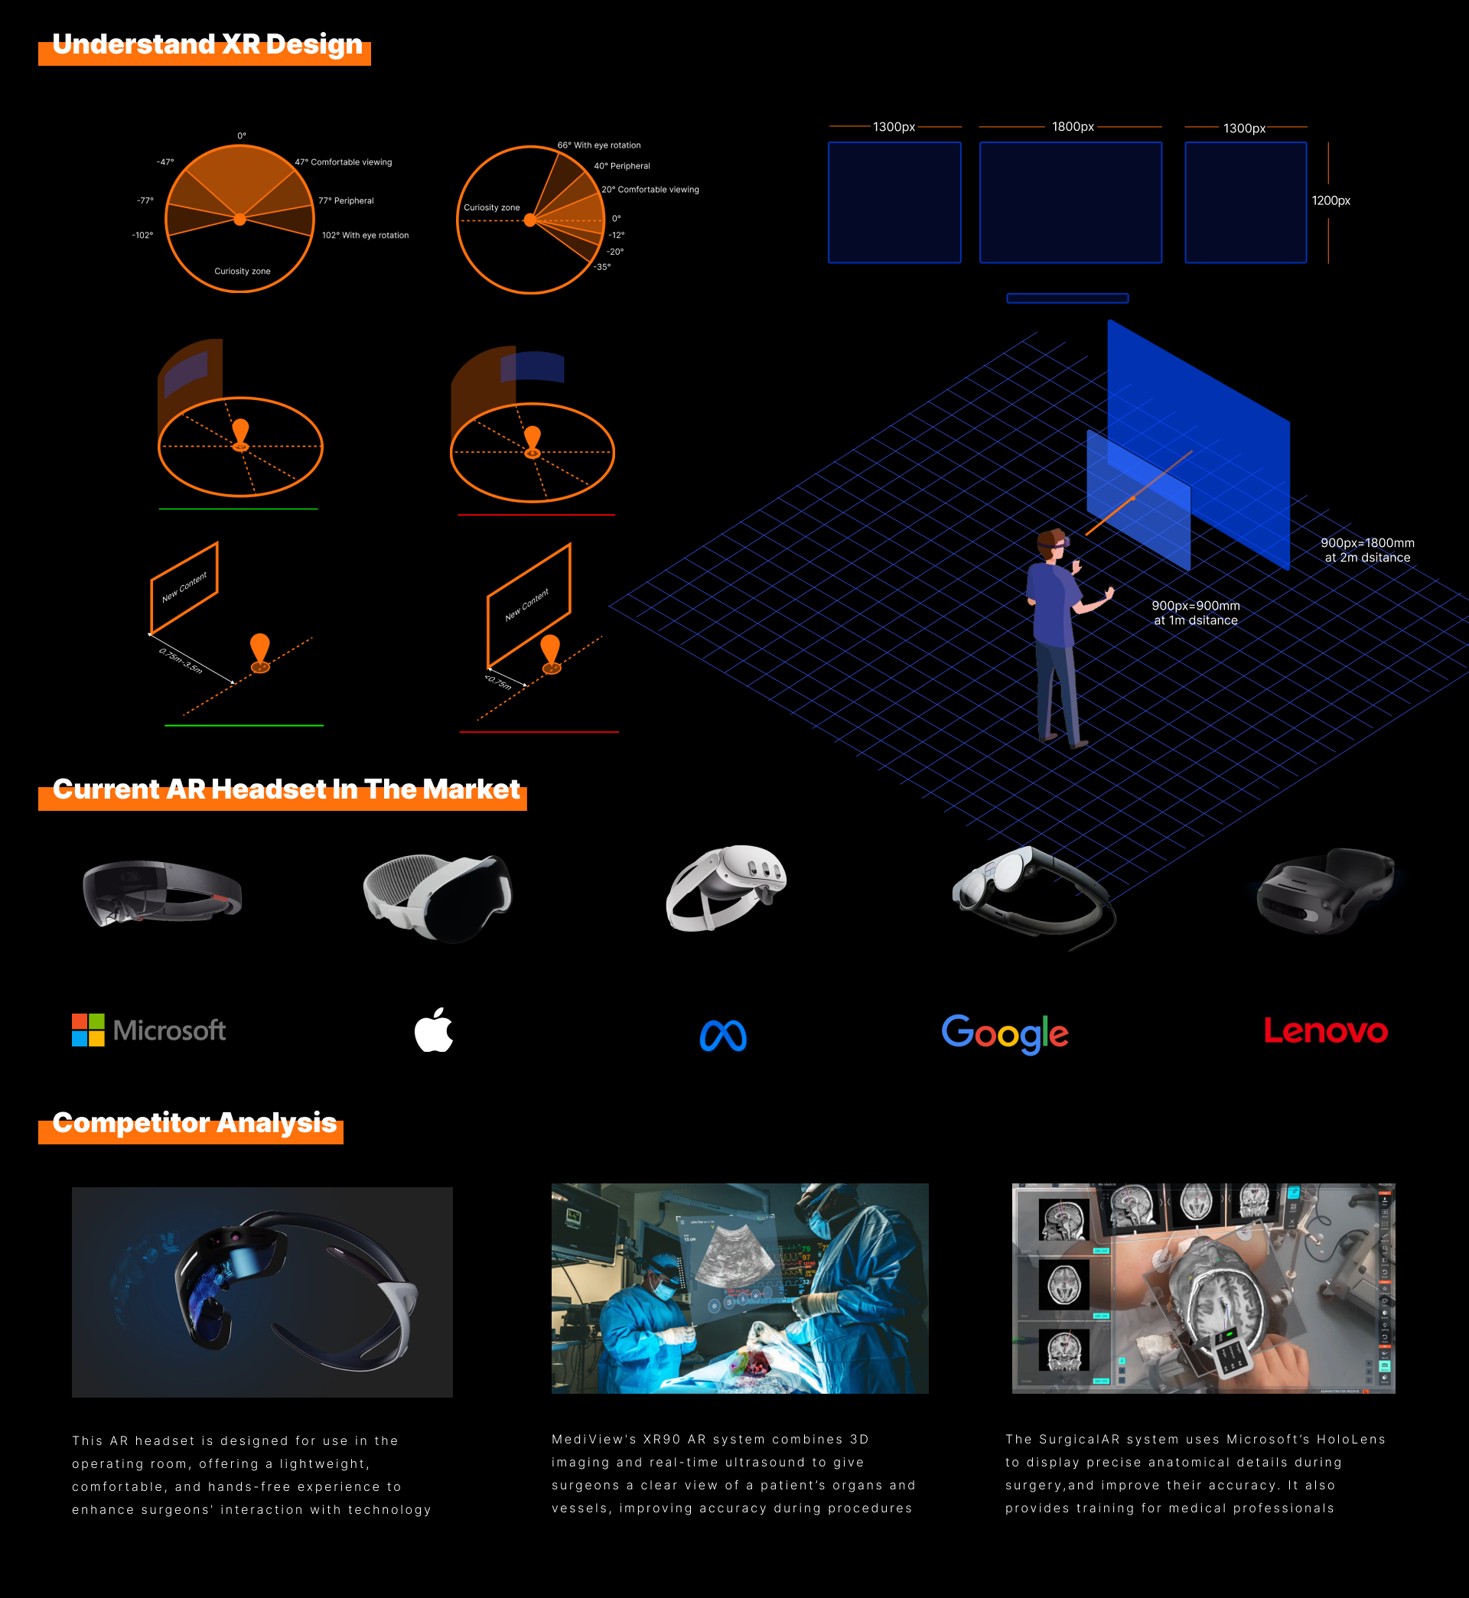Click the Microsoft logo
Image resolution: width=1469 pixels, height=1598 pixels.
point(148,1030)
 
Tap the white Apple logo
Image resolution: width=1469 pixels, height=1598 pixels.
point(434,1030)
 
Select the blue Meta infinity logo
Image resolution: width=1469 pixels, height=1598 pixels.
point(722,1036)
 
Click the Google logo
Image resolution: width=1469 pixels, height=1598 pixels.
point(1005,1033)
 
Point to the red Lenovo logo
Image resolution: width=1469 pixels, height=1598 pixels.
point(1325,1030)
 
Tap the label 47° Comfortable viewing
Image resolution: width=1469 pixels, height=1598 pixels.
point(344,162)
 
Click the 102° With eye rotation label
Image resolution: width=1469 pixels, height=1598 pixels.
point(365,235)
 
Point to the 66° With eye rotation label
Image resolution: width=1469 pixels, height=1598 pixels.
point(598,145)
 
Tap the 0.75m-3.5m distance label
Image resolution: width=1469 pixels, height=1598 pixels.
point(181,661)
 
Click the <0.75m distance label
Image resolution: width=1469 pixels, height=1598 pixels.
point(498,682)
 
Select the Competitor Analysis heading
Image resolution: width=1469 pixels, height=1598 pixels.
point(194,1123)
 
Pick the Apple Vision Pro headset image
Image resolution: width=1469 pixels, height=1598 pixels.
point(438,897)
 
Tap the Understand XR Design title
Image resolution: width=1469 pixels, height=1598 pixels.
point(207,44)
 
